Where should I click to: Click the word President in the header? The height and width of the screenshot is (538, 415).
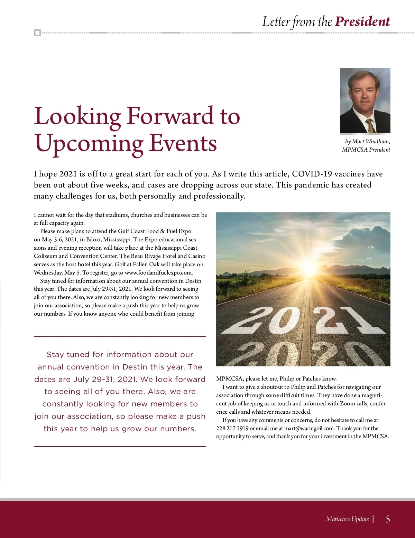click(362, 22)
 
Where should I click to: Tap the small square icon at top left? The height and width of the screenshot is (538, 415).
click(37, 33)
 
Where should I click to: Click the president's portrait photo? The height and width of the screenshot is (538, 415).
click(365, 100)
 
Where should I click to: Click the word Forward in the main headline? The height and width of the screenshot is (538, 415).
click(170, 116)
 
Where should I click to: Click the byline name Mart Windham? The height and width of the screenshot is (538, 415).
click(371, 142)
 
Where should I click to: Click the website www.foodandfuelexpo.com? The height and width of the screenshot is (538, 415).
click(158, 272)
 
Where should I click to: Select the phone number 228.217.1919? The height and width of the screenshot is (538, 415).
click(232, 429)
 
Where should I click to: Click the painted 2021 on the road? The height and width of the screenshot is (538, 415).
click(303, 320)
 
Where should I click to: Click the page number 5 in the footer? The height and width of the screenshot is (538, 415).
click(388, 519)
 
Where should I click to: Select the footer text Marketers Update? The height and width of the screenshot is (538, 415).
click(347, 519)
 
